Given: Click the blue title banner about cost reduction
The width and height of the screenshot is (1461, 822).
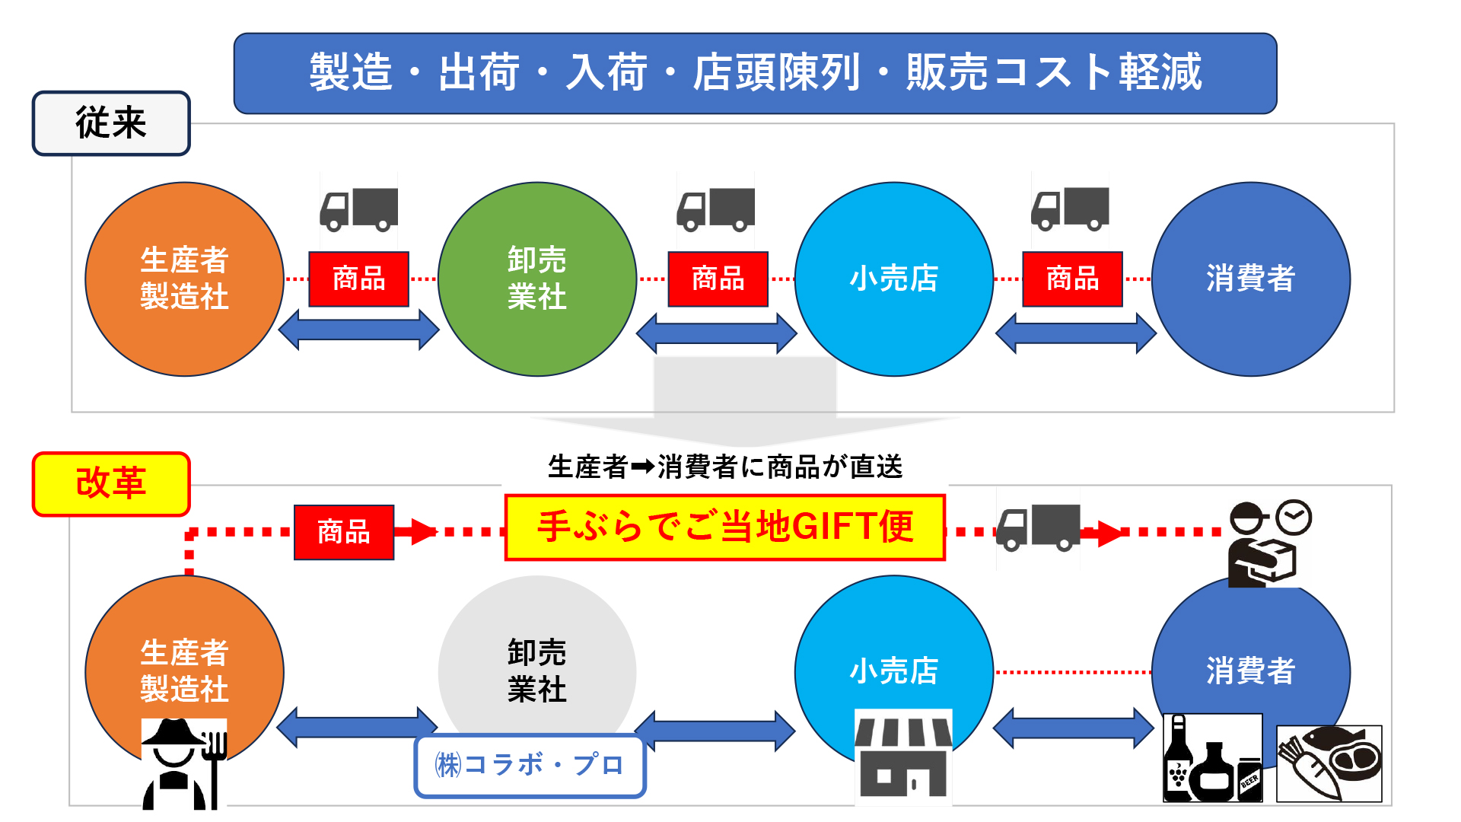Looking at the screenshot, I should pyautogui.click(x=755, y=73).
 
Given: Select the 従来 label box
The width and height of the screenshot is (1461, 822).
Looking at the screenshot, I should pyautogui.click(x=111, y=123).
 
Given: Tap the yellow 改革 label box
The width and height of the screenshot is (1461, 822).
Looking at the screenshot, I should pyautogui.click(x=111, y=484).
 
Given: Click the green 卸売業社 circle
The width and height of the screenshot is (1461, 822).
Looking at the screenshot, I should pyautogui.click(x=537, y=279).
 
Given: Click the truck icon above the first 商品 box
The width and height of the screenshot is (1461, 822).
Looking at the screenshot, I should pyautogui.click(x=359, y=209).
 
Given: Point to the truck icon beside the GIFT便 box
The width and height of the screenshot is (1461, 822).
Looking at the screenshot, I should pyautogui.click(x=1038, y=528).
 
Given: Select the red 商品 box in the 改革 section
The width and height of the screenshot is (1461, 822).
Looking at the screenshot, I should pyautogui.click(x=344, y=532).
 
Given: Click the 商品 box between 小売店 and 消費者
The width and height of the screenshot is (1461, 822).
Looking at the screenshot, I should pyautogui.click(x=1072, y=279).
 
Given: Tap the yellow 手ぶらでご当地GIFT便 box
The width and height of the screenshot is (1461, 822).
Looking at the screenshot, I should pyautogui.click(x=724, y=527).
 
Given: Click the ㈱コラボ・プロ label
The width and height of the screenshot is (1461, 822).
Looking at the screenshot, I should pyautogui.click(x=530, y=765).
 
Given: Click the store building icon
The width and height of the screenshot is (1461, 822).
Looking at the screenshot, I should pyautogui.click(x=903, y=756).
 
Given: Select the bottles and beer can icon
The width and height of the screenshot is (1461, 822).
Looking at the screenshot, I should pyautogui.click(x=1212, y=758).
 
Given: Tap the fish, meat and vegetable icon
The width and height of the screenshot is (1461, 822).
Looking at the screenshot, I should pyautogui.click(x=1329, y=763).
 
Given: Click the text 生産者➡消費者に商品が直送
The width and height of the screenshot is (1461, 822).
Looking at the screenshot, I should pyautogui.click(x=724, y=467).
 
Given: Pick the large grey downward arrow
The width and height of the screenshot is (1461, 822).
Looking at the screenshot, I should pyautogui.click(x=744, y=400).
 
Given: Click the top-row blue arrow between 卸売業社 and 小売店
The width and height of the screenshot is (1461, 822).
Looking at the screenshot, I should pyautogui.click(x=716, y=333).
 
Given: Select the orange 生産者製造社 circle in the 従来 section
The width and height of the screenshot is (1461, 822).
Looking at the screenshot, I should pyautogui.click(x=184, y=279).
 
